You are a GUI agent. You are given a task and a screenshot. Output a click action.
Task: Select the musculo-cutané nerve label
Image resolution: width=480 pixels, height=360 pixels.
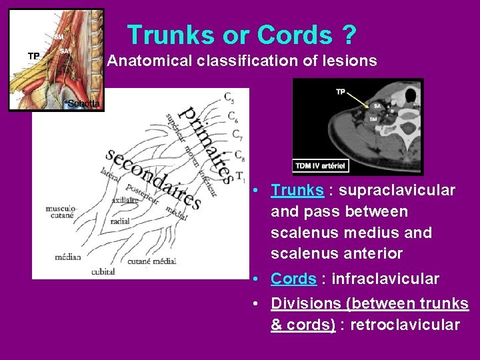click(x=61, y=212)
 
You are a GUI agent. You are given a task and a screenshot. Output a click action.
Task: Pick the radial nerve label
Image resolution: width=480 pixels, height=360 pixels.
click(x=120, y=221)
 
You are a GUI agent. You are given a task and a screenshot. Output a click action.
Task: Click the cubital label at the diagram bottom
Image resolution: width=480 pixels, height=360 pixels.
click(x=103, y=271)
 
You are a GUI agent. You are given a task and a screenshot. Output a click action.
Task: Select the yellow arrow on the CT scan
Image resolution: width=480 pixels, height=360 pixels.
click(x=359, y=100)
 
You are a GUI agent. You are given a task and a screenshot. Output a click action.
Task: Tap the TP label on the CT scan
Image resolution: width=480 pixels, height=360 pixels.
click(x=341, y=91)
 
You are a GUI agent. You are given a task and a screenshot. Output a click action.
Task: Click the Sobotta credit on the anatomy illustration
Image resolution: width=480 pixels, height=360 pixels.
click(x=84, y=103)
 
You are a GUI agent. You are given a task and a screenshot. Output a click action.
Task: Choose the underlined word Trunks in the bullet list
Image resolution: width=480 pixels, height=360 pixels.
click(x=297, y=191)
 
